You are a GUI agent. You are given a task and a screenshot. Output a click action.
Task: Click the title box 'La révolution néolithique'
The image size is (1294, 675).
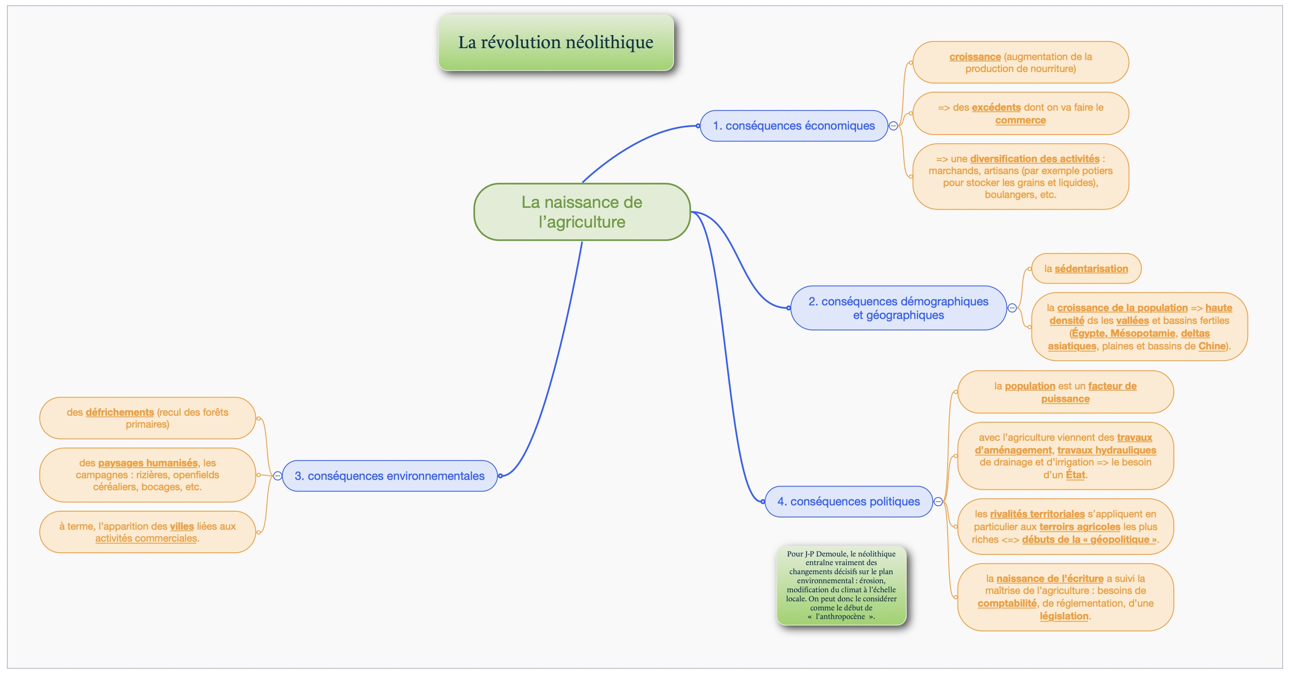pyautogui.click(x=556, y=42)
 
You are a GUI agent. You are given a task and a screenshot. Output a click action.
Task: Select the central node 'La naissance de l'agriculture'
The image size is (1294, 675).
pyautogui.click(x=582, y=212)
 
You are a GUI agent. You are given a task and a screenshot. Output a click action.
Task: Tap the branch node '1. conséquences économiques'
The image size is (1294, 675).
pyautogui.click(x=794, y=126)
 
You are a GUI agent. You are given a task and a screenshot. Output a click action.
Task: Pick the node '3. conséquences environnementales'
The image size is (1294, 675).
pyautogui.click(x=389, y=475)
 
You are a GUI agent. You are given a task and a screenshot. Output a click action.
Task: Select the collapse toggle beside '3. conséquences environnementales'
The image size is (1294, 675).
pyautogui.click(x=277, y=475)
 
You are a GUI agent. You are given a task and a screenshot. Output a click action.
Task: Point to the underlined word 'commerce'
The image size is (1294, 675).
pyautogui.click(x=1020, y=120)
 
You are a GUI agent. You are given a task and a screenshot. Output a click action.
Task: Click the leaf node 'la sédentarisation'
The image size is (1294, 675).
pyautogui.click(x=1086, y=268)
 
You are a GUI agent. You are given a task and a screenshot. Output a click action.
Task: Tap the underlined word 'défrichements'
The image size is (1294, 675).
pyautogui.click(x=120, y=412)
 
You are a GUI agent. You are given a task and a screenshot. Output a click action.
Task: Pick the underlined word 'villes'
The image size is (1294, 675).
pyautogui.click(x=181, y=526)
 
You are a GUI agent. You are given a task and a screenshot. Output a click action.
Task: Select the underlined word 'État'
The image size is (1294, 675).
pyautogui.click(x=1075, y=475)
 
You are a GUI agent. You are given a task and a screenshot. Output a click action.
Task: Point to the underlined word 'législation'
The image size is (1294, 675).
pyautogui.click(x=1064, y=616)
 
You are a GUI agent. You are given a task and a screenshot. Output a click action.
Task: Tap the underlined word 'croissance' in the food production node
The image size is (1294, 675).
pyautogui.click(x=975, y=57)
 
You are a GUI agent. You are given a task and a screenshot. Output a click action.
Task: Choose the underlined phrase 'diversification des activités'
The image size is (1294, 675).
pyautogui.click(x=1035, y=159)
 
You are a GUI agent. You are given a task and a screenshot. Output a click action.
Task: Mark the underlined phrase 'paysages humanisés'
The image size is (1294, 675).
pyautogui.click(x=148, y=463)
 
